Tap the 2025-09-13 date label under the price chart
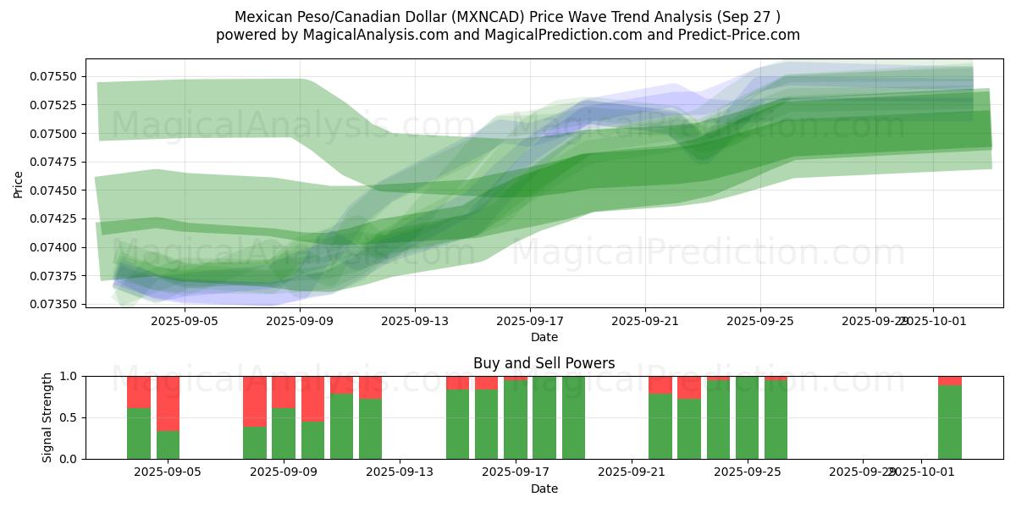415,321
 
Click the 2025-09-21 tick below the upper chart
645,321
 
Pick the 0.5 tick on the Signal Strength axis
69,417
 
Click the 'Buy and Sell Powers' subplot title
544,363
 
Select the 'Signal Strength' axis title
47,417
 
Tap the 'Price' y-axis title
19,184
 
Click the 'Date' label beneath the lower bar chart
544,489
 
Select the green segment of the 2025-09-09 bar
284,433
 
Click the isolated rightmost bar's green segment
949,422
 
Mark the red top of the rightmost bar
949,380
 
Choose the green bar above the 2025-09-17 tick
516,419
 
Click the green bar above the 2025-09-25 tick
747,417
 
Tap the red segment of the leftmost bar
139,392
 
